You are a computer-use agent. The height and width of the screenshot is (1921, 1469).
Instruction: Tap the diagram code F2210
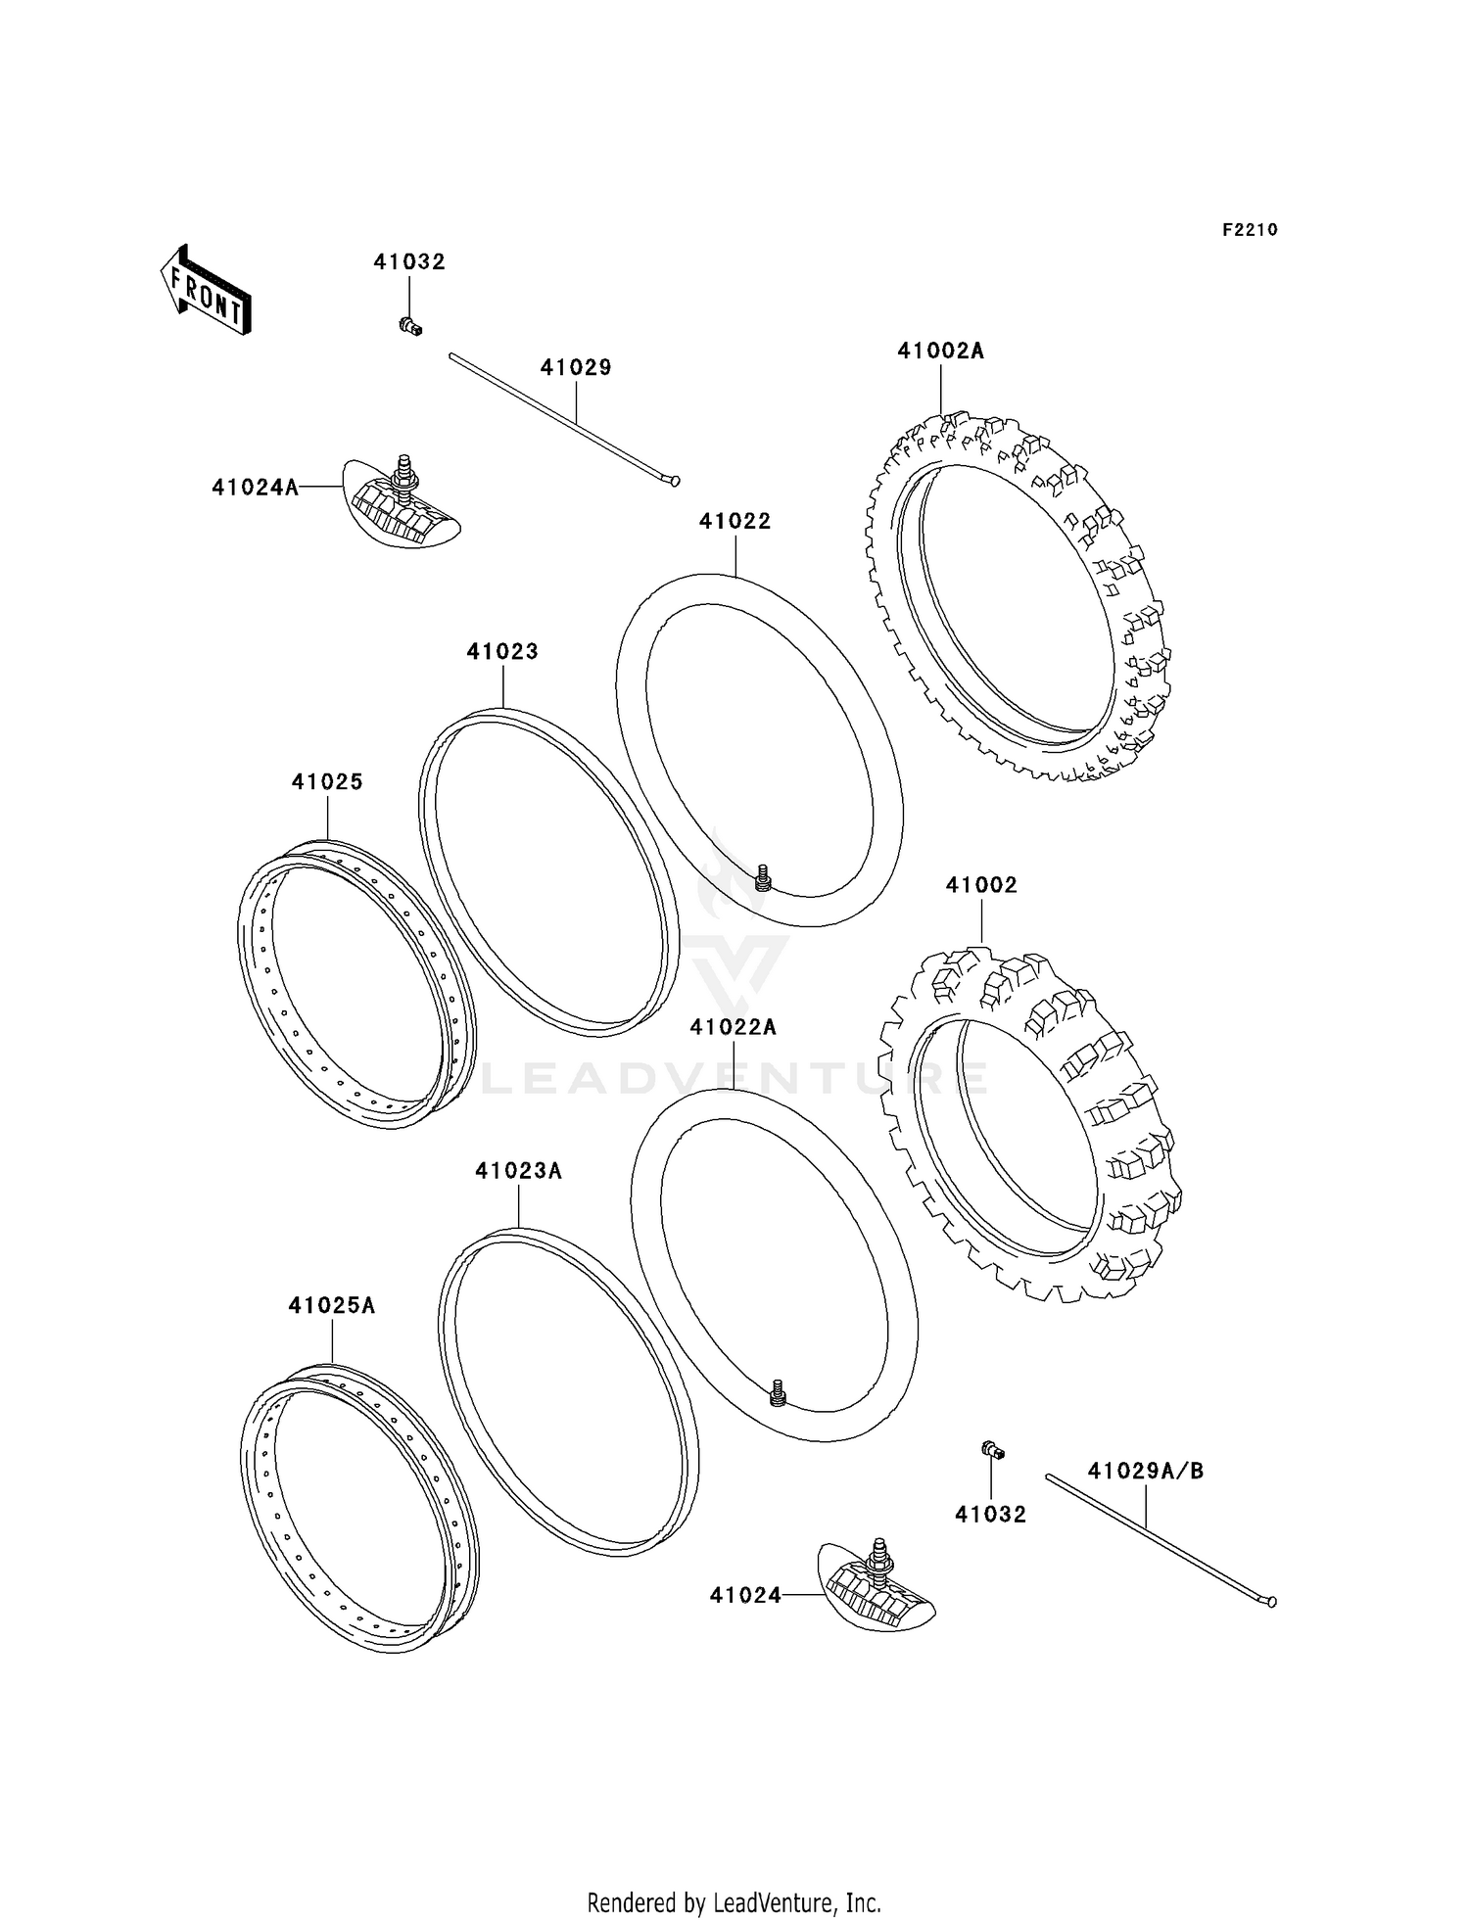pos(1250,230)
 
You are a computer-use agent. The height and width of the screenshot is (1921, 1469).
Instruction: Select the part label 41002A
pos(940,351)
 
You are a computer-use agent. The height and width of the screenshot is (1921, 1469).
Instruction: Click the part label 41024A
pos(255,488)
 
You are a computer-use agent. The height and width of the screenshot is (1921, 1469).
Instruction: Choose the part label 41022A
pos(733,1027)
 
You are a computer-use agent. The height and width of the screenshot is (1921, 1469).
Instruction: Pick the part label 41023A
pos(518,1171)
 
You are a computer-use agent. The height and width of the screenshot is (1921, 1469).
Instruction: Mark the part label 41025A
pos(331,1306)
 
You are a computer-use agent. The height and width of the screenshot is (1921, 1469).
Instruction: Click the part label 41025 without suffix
pos(327,781)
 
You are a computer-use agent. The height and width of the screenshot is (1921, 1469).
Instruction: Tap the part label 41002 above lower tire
pos(981,885)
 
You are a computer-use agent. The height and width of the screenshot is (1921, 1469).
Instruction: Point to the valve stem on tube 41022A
pos(779,1392)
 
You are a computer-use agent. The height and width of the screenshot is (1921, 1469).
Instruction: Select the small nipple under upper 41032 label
pos(409,327)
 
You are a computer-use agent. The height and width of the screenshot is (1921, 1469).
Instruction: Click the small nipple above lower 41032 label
pos(991,1450)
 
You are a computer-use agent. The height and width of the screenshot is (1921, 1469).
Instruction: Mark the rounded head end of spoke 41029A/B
pos(1270,1602)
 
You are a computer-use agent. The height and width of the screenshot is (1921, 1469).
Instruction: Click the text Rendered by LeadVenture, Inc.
pos(734,1903)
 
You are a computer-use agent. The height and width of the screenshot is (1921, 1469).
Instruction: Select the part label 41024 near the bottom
pos(745,1595)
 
